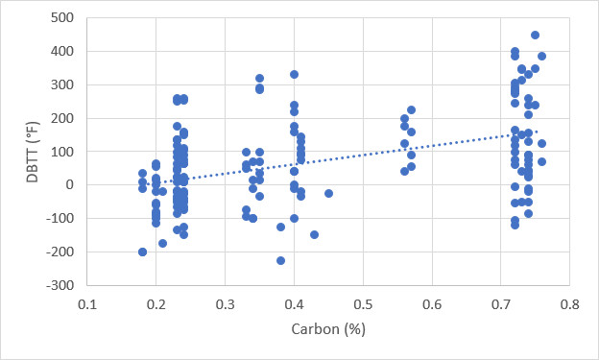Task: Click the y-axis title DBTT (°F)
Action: point(33,152)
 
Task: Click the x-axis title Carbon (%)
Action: point(328,329)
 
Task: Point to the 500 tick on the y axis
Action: point(62,17)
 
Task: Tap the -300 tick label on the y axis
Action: point(60,285)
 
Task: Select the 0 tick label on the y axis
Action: point(69,185)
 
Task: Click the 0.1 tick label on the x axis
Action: point(87,304)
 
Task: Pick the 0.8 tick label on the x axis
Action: point(569,304)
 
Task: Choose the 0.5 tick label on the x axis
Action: point(363,304)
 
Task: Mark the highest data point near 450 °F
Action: point(536,36)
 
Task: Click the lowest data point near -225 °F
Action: point(280,260)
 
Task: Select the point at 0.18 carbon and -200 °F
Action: point(142,252)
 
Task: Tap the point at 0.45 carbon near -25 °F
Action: point(328,193)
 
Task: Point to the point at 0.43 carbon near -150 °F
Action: point(315,234)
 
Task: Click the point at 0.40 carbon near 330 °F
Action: point(294,75)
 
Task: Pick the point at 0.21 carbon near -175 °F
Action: point(163,244)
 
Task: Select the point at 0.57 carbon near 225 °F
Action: point(412,110)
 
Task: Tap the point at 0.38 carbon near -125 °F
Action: point(280,227)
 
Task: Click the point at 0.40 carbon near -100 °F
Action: point(294,219)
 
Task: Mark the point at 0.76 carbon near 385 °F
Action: point(541,57)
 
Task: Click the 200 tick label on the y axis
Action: point(62,118)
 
